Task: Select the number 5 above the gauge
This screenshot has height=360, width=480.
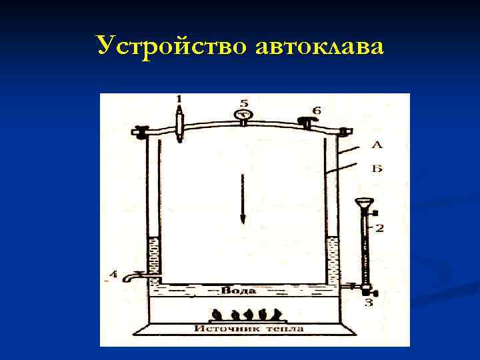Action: click(x=243, y=103)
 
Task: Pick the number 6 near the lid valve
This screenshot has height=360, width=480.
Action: click(x=317, y=109)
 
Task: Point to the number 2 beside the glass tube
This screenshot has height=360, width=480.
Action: click(x=380, y=229)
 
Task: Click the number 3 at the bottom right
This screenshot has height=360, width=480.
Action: click(x=369, y=304)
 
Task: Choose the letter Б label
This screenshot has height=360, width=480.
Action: click(x=377, y=169)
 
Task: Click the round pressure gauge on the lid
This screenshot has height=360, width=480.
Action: click(x=243, y=115)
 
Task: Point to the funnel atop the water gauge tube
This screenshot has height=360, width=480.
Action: click(x=364, y=203)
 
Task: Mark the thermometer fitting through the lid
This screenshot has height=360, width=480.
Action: click(x=179, y=125)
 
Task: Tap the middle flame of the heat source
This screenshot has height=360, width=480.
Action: click(x=247, y=313)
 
